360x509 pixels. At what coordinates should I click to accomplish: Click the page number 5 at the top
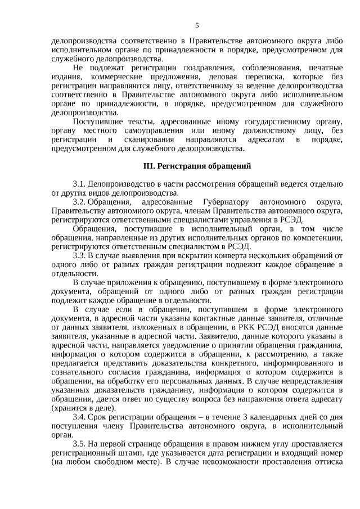tap(197, 25)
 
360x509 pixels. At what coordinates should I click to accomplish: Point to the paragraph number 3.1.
tap(79, 184)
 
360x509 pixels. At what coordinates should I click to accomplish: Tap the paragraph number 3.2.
tap(79, 201)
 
